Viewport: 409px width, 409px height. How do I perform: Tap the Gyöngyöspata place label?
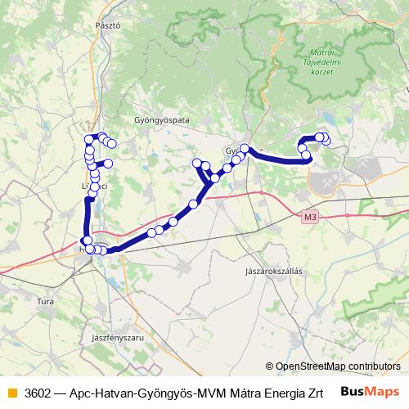coord(161,119)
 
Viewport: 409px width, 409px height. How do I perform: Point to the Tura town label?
coord(46,301)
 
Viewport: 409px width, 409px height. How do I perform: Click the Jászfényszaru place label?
coord(118,336)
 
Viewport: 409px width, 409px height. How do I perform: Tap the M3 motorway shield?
coord(308,218)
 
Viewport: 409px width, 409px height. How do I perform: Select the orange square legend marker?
coord(11,390)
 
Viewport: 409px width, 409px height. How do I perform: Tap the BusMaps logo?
coord(370,390)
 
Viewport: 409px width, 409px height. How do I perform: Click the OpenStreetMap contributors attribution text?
coord(337,366)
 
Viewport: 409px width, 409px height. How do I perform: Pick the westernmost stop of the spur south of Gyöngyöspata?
coord(196,164)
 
